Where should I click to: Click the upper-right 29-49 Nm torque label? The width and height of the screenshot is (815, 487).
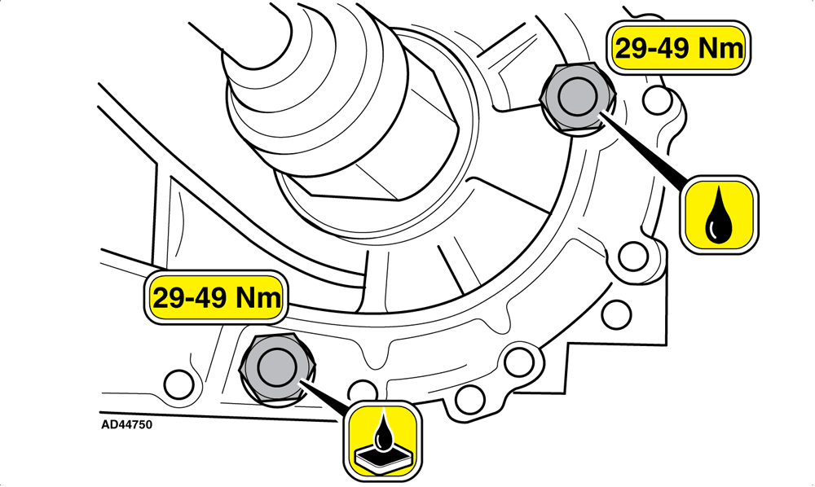coord(678,48)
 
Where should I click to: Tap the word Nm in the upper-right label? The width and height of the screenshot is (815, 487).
coord(720,48)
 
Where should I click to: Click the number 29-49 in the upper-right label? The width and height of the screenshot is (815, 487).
coord(652,48)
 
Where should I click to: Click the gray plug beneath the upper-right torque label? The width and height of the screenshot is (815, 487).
coord(577,97)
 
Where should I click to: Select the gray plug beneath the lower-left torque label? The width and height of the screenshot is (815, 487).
coord(278,368)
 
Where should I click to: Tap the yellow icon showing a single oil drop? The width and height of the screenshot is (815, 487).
coord(719,214)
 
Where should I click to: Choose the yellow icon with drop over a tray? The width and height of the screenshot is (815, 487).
coord(382,441)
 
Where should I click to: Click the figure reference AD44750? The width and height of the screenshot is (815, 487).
coord(127,424)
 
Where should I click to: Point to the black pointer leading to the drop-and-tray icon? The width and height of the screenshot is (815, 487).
coord(325,397)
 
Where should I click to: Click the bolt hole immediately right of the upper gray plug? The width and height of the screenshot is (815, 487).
coord(656,100)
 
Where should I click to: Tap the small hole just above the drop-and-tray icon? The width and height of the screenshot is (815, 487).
coord(363,391)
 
